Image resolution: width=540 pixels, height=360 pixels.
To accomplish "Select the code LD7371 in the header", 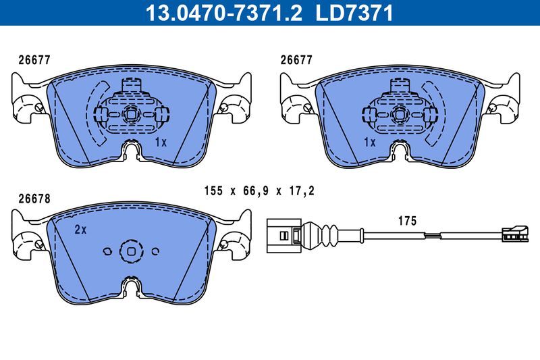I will [356, 13].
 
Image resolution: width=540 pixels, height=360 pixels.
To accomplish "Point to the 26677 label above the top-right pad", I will [296, 59].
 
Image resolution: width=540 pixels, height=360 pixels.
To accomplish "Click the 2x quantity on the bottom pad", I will [80, 230].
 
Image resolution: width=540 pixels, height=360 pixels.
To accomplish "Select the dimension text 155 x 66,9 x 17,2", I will [259, 192].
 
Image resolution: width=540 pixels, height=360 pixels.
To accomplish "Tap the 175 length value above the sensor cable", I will [407, 221].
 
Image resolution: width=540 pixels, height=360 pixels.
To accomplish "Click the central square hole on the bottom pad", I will [132, 251].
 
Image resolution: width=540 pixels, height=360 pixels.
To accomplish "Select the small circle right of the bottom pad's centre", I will [156, 251].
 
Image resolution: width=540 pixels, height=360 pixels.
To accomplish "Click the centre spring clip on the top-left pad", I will [132, 111].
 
